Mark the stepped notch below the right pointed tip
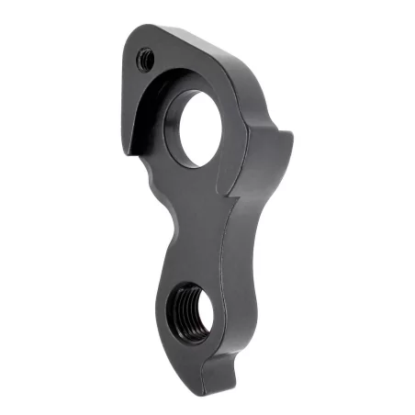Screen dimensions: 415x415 click(241, 195)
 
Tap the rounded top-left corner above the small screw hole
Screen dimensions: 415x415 click(134, 37)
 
